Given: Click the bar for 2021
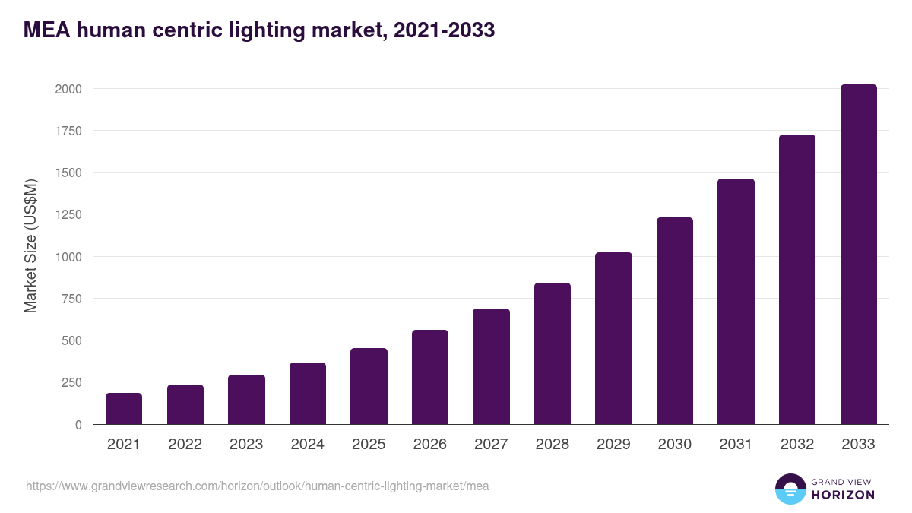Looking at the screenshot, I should click(124, 409).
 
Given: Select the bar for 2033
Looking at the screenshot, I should click(858, 255).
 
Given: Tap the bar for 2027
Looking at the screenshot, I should click(491, 366).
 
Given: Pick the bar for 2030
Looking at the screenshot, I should click(675, 321).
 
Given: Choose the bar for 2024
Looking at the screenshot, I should click(308, 394).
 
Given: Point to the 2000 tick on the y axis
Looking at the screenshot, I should click(68, 89).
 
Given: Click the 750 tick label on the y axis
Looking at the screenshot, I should click(71, 299).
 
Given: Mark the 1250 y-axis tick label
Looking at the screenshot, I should click(68, 214).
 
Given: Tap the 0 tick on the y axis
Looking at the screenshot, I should click(78, 425).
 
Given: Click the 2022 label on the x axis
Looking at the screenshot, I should click(185, 445).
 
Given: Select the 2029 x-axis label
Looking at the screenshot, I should click(613, 445).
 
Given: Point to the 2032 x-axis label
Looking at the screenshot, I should click(797, 445).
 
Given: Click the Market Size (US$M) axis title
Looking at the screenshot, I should click(30, 245).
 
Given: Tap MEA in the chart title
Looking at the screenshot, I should click(45, 30).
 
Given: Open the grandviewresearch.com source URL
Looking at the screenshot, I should click(258, 486).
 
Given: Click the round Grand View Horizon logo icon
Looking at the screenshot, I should click(790, 489).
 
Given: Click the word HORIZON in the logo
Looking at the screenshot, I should click(842, 495).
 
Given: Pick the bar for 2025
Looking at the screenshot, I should click(369, 386).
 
